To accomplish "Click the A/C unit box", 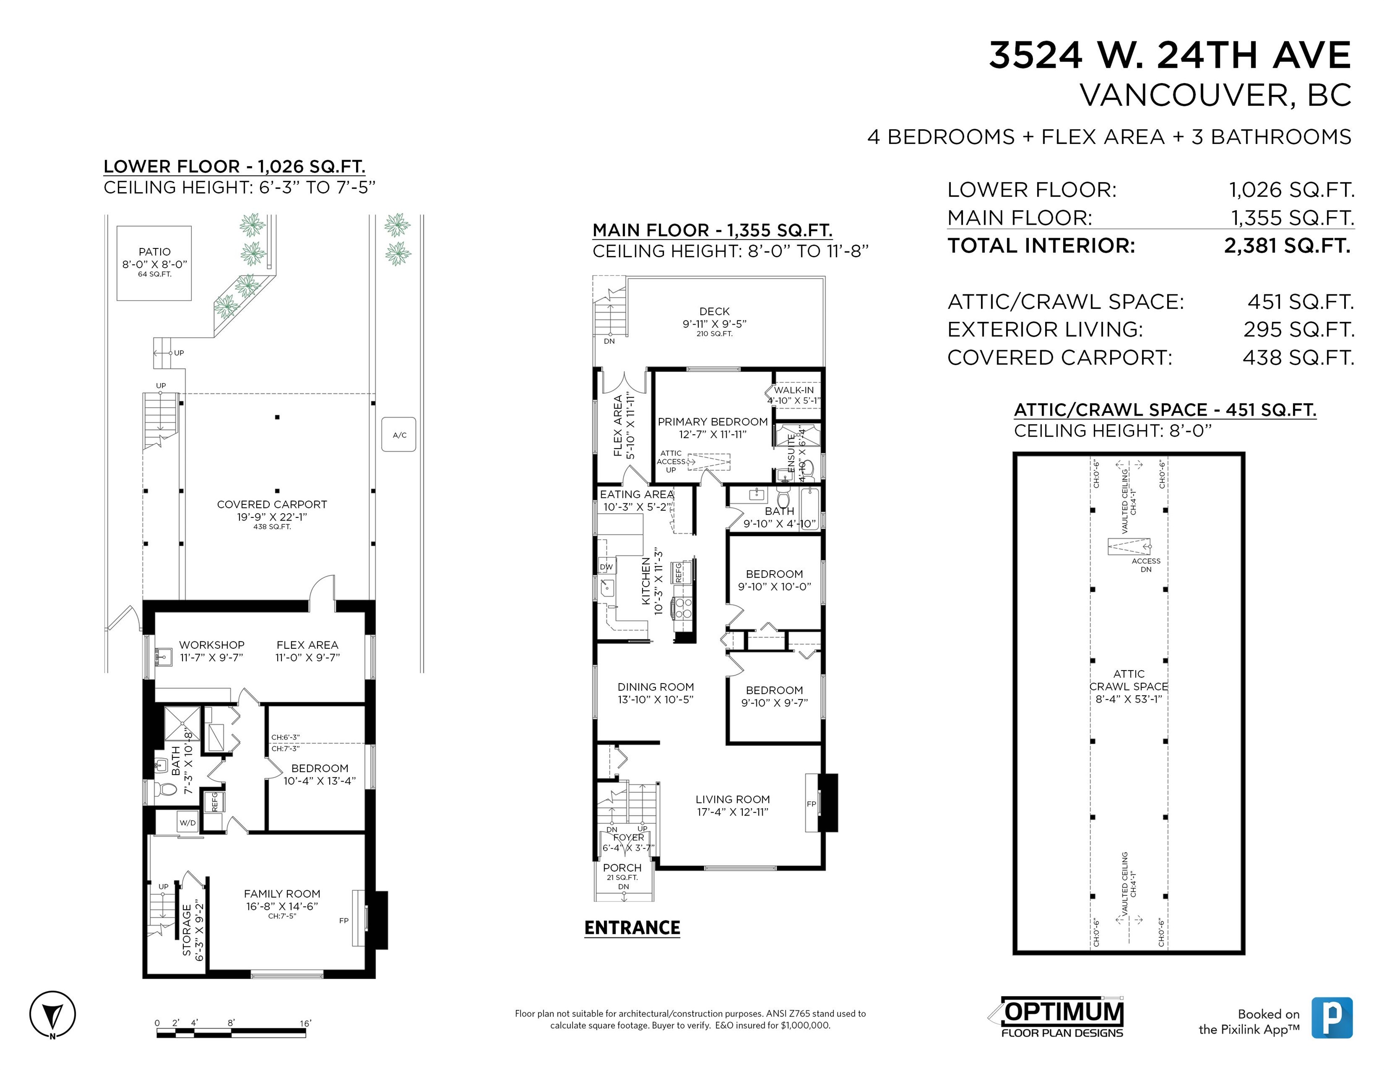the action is click(x=399, y=434).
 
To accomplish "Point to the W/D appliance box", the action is click(x=188, y=823).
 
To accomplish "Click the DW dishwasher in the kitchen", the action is click(x=606, y=567).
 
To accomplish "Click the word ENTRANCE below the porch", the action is click(x=632, y=928).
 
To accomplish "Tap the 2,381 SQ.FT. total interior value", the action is click(x=1288, y=245).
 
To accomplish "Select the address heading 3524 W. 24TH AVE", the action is click(x=1170, y=55).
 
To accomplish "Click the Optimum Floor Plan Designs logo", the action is click(x=1057, y=1018).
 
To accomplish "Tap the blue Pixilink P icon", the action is click(x=1332, y=1018).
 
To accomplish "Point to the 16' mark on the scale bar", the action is click(x=305, y=1023).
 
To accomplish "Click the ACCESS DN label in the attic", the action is click(x=1146, y=565).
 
